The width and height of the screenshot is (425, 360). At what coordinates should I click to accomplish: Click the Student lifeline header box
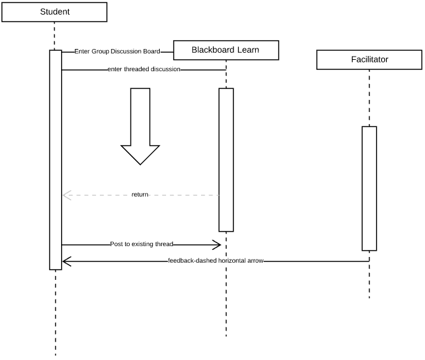pyautogui.click(x=55, y=12)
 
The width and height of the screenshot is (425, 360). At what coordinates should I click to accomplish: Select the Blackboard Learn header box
pyautogui.click(x=225, y=50)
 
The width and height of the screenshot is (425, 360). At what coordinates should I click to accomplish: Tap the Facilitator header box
pyautogui.click(x=369, y=60)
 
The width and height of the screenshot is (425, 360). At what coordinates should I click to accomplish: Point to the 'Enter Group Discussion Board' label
pyautogui.click(x=117, y=52)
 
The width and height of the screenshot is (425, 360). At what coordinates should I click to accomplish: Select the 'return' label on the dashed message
pyautogui.click(x=140, y=195)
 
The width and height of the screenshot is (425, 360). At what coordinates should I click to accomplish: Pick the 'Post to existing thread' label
pyautogui.click(x=141, y=244)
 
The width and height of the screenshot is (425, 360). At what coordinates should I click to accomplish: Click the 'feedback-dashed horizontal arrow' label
pyautogui.click(x=216, y=261)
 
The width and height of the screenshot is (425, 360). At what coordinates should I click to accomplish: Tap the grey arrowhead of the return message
pyautogui.click(x=66, y=195)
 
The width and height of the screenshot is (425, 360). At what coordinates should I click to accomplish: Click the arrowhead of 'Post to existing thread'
pyautogui.click(x=217, y=245)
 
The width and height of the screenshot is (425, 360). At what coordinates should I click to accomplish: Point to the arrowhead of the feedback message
pyautogui.click(x=66, y=261)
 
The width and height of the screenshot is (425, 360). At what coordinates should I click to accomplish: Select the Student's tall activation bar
pyautogui.click(x=55, y=159)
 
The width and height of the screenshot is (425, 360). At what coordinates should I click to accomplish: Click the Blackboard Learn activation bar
pyautogui.click(x=226, y=159)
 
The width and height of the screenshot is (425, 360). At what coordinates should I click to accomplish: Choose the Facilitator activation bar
pyautogui.click(x=369, y=188)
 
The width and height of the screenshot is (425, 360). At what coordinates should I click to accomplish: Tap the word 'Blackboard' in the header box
pyautogui.click(x=213, y=50)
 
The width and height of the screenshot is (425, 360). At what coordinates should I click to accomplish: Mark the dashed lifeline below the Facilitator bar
pyautogui.click(x=369, y=277)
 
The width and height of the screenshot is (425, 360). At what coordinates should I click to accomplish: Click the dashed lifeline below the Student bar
pyautogui.click(x=55, y=312)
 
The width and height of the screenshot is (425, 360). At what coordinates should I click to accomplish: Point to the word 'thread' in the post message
pyautogui.click(x=164, y=244)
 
